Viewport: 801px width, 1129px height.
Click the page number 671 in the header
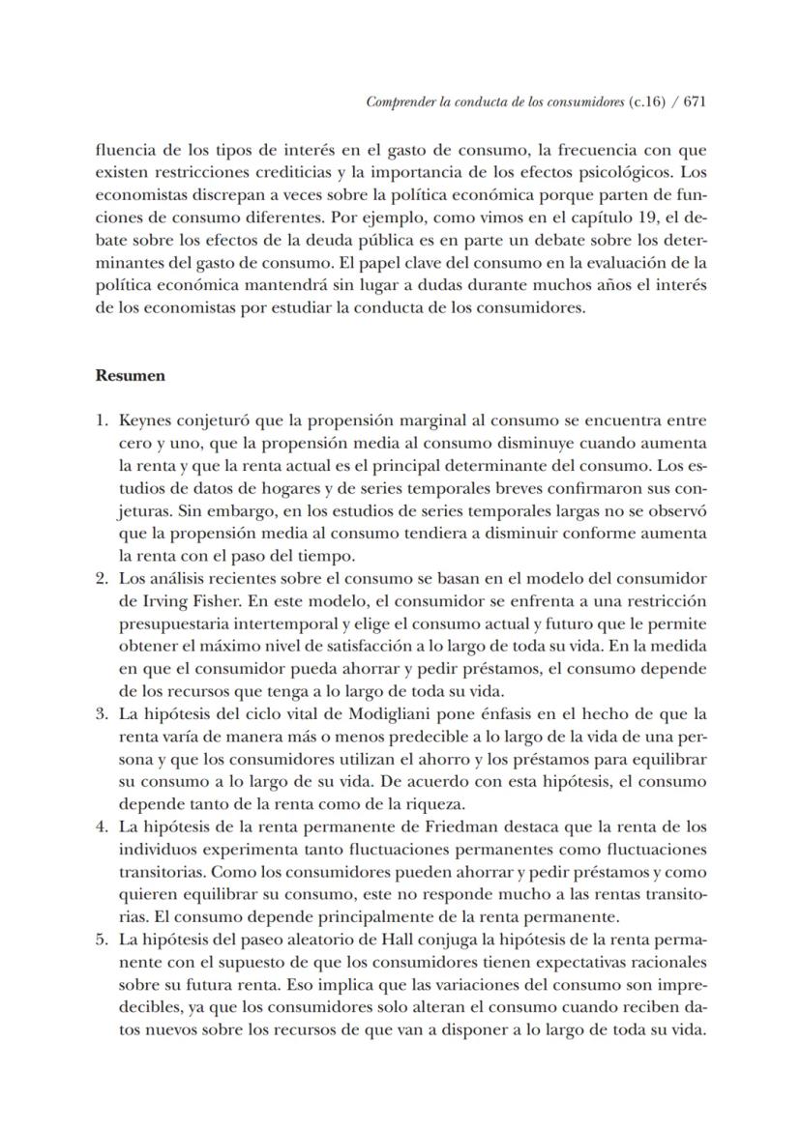click(x=692, y=101)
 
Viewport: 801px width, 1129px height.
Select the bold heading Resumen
click(x=130, y=376)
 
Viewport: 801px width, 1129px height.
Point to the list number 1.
click(x=101, y=421)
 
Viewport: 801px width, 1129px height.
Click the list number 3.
click(x=101, y=715)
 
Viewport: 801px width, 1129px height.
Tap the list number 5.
click(x=101, y=939)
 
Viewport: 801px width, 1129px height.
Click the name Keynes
click(x=145, y=421)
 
